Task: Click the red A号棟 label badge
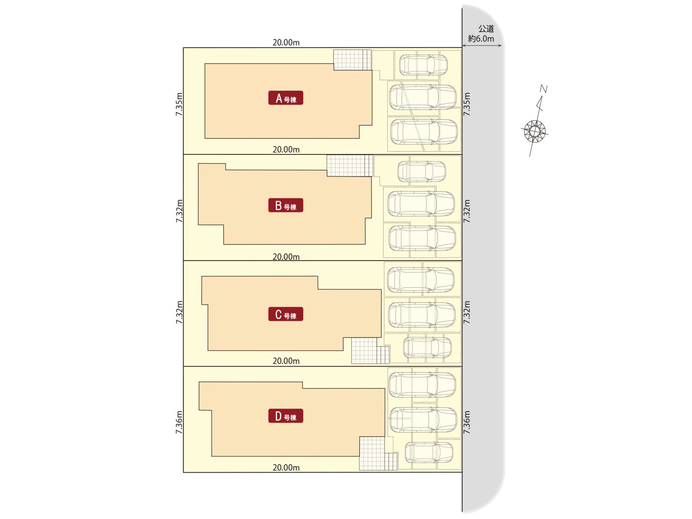tap(286, 98)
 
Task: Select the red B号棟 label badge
tap(286, 205)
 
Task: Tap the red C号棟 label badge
tap(286, 314)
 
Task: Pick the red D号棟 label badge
tap(286, 416)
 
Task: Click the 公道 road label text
tap(486, 28)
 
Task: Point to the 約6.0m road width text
tap(481, 39)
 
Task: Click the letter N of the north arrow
tap(543, 89)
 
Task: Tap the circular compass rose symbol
tap(534, 131)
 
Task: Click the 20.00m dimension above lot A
tap(286, 43)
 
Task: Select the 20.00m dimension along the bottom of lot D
tap(286, 468)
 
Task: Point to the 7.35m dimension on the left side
tap(179, 104)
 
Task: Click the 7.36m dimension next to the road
tap(467, 422)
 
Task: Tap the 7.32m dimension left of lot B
tap(179, 211)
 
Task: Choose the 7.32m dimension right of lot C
tap(467, 312)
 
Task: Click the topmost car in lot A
tap(423, 65)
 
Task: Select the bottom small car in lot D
tap(429, 452)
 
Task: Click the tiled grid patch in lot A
tap(353, 60)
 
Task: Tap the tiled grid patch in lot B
tap(350, 166)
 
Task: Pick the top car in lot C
tap(421, 280)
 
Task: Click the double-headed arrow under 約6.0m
tap(482, 46)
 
